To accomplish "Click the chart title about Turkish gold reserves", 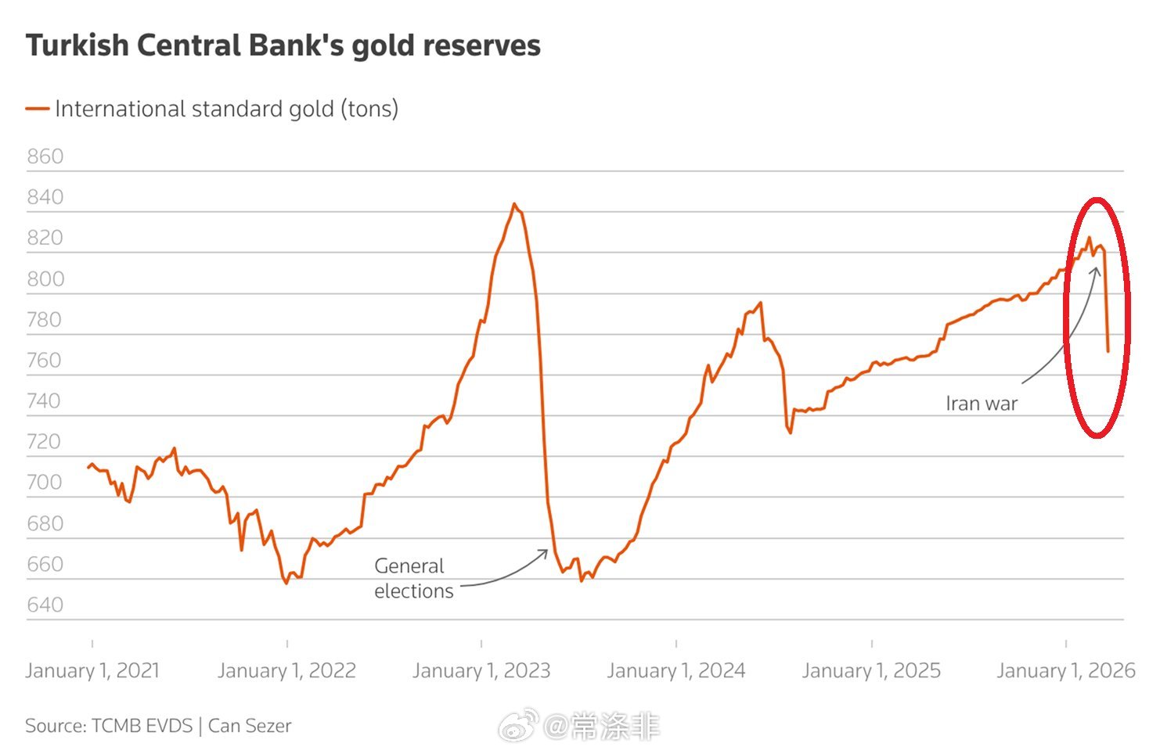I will tap(283, 45).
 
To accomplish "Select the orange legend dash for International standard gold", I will tap(37, 109).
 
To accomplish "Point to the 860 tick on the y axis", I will tap(45, 156).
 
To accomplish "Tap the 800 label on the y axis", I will tap(45, 279).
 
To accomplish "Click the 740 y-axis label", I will tap(45, 401).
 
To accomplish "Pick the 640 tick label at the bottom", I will tap(45, 605).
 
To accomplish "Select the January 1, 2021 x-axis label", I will tap(92, 670).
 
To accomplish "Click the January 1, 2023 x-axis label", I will tap(481, 670).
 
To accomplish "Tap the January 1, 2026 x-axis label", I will tap(1065, 670).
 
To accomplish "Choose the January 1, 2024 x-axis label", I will tap(676, 670).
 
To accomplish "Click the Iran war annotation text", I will tap(982, 404).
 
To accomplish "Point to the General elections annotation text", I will tap(413, 578).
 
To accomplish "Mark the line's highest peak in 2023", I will tap(513, 204).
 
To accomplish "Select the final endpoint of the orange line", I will tap(1108, 351).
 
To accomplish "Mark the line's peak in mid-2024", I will tap(760, 303).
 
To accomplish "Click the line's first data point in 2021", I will tap(88, 467).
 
